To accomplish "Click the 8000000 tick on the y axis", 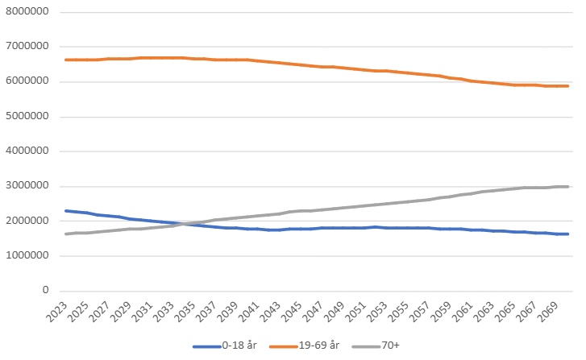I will coord(26,12).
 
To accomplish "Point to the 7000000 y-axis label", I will coord(26,47).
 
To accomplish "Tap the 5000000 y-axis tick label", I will coord(26,116).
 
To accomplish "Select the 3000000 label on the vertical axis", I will coord(26,186).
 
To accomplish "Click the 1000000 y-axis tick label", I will coord(26,256).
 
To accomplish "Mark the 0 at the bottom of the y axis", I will coord(45,291).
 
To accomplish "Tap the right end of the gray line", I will coord(568,187).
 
